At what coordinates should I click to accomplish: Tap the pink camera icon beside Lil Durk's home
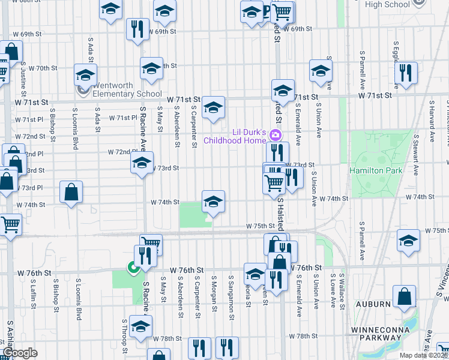click(x=276, y=133)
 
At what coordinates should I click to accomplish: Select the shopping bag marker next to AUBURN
click(x=405, y=296)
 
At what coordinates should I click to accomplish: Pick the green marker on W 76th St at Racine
click(x=132, y=268)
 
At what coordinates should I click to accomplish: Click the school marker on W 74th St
click(x=213, y=202)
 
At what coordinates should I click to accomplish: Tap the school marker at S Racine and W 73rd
click(x=142, y=164)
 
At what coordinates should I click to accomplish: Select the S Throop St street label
click(x=125, y=344)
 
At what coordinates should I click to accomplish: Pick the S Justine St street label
click(x=23, y=79)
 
